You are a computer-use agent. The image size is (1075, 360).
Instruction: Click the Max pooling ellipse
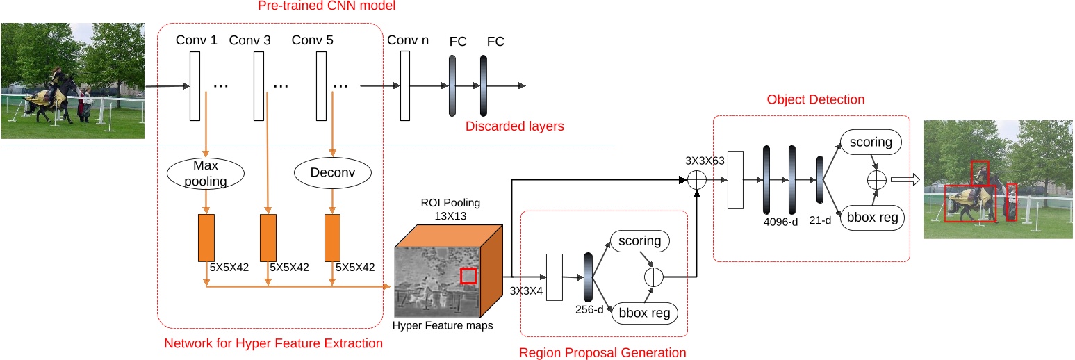206,174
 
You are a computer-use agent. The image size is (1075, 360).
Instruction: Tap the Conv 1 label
196,40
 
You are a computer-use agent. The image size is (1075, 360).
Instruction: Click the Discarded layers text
514,126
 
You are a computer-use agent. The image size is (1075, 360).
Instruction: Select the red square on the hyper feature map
469,276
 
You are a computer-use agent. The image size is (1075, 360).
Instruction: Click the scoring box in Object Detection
871,142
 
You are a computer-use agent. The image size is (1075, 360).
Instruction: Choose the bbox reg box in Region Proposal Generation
643,313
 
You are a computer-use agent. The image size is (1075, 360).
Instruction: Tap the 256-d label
589,309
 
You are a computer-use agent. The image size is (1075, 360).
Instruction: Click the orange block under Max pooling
206,237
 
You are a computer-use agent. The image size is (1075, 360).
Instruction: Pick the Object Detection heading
815,99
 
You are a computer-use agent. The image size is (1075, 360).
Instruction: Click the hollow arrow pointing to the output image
905,180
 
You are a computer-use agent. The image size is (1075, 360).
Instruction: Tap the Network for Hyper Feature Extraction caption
273,343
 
